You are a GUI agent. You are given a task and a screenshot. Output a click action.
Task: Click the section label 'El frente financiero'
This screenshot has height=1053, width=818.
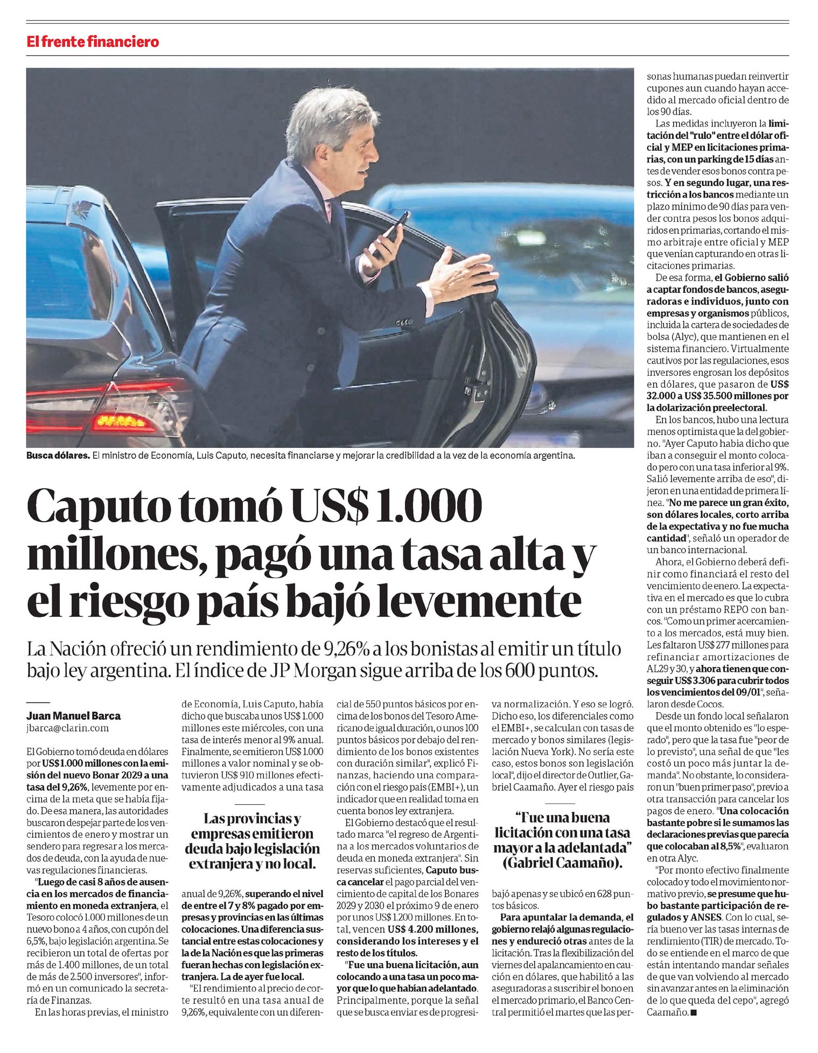pyautogui.click(x=93, y=41)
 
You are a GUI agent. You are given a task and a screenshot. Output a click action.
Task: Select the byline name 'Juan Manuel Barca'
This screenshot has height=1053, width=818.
pyautogui.click(x=74, y=716)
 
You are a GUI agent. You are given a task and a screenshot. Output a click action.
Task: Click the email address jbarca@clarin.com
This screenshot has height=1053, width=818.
pyautogui.click(x=68, y=728)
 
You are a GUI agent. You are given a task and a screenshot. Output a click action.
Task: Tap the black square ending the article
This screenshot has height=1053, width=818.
pyautogui.click(x=693, y=1013)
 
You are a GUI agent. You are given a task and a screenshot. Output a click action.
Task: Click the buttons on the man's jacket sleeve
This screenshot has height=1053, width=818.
pyautogui.click(x=401, y=323)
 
